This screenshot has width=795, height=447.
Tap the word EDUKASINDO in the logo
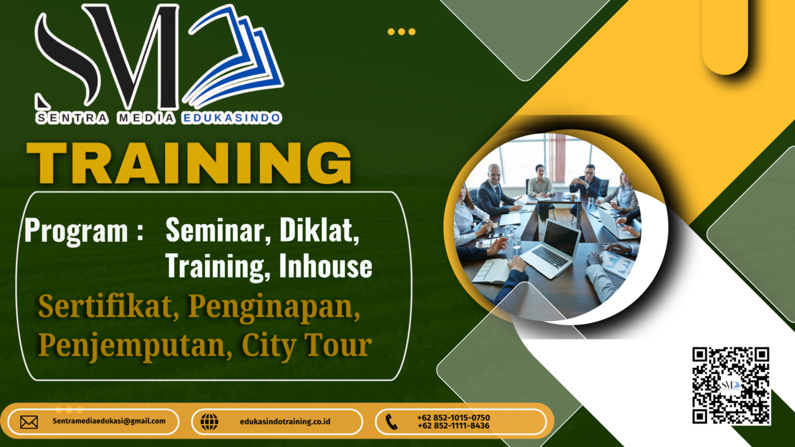click(231, 118)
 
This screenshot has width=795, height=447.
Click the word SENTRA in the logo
click(72, 118)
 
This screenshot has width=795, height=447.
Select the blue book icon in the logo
click(233, 56)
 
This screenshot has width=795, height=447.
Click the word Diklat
click(319, 231)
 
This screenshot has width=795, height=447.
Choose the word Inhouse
click(325, 266)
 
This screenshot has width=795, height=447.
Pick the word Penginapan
click(273, 308)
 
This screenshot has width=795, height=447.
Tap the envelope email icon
click(29, 422)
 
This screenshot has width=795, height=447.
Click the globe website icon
click(209, 422)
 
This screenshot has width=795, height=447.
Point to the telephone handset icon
click(391, 422)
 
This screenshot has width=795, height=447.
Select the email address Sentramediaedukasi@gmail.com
click(109, 421)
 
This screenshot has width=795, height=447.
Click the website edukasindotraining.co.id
click(285, 421)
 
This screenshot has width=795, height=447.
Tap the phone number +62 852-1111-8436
click(453, 426)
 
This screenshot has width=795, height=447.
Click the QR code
click(731, 385)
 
